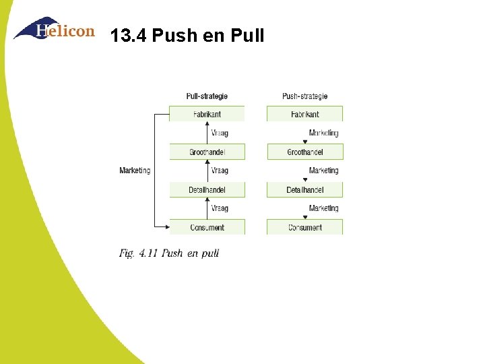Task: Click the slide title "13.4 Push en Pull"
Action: click(x=187, y=35)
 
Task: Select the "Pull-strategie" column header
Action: click(x=207, y=96)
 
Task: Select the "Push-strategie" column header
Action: click(x=304, y=96)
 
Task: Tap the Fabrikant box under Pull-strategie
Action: click(x=207, y=114)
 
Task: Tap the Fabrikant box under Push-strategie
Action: click(x=304, y=114)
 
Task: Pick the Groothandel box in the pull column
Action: click(x=207, y=152)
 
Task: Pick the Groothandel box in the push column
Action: click(x=304, y=152)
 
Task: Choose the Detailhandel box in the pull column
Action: click(x=207, y=189)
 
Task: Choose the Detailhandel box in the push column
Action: click(x=304, y=189)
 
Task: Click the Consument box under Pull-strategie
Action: click(x=207, y=227)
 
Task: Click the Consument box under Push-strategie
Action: click(x=304, y=227)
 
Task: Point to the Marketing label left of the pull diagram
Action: click(x=135, y=171)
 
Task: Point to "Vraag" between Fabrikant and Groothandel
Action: click(x=220, y=133)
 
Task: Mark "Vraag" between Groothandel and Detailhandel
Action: click(x=220, y=171)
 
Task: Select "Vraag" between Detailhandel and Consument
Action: click(x=220, y=208)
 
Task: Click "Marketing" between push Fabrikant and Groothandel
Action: click(x=323, y=133)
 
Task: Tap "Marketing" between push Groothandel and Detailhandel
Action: click(x=323, y=171)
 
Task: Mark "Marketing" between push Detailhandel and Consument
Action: click(x=323, y=208)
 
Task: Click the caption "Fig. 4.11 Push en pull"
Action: click(x=169, y=253)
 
